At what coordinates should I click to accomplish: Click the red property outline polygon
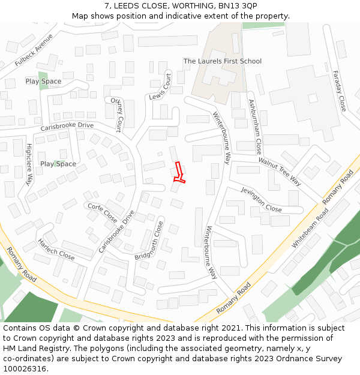point(178,172)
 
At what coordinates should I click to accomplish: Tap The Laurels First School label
point(222,61)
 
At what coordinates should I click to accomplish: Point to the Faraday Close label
point(339,91)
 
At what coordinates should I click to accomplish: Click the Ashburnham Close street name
point(255,128)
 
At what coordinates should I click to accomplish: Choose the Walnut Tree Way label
point(280,171)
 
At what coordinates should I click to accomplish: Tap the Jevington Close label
point(261,199)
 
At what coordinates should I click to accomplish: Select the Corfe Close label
point(103,212)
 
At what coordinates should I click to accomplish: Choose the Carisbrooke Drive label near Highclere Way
point(67,127)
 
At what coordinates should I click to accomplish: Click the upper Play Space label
point(43,81)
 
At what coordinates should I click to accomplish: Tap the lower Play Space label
point(58,164)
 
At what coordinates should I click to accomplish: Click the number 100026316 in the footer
point(24,369)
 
